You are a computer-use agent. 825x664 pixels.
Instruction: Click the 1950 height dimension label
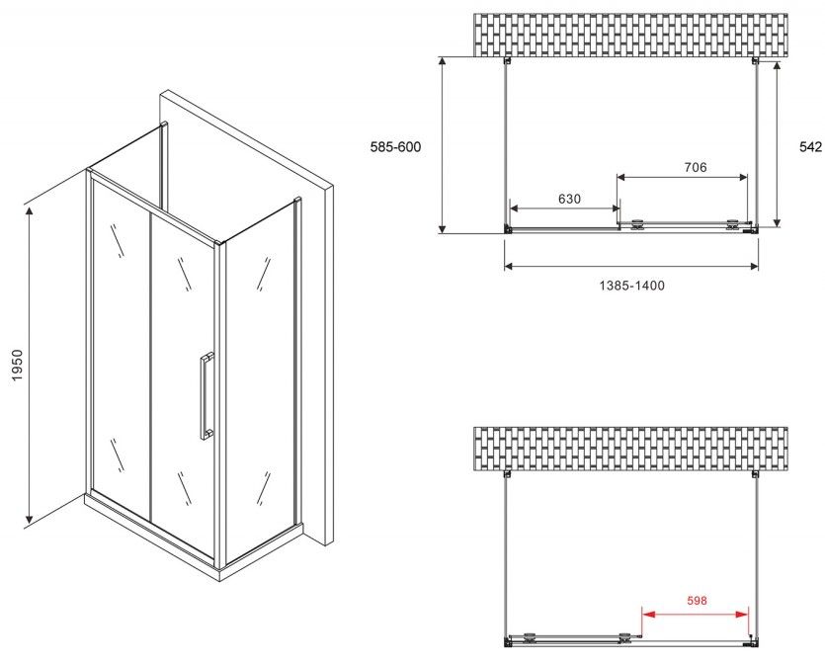17,366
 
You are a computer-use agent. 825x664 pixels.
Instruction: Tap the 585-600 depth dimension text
395,147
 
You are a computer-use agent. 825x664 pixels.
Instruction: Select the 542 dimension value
810,147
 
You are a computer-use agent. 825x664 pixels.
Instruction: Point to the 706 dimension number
695,167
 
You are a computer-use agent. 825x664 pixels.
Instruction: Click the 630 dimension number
569,199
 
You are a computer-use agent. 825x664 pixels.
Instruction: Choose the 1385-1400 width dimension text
632,286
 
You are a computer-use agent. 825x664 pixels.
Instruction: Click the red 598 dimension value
697,601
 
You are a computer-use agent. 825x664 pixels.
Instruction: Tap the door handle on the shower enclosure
206,395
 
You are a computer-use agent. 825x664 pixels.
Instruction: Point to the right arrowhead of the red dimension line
742,614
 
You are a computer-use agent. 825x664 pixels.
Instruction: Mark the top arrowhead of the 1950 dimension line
30,212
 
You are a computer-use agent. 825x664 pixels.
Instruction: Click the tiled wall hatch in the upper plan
630,35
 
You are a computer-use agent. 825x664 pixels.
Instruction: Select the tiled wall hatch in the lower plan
630,449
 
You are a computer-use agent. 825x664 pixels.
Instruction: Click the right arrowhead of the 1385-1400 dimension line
753,266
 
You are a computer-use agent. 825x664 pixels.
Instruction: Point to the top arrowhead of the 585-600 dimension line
443,63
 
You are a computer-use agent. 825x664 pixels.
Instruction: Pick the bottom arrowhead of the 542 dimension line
777,221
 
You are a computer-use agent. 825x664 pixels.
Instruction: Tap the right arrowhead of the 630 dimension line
614,208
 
